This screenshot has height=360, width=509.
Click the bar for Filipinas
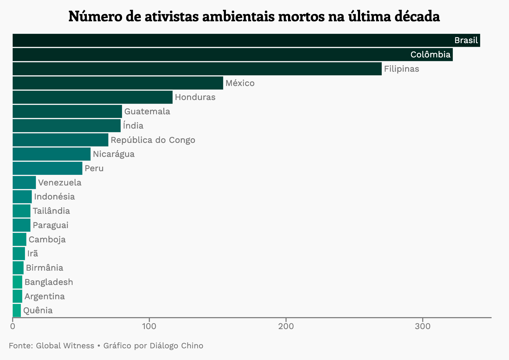pos(197,69)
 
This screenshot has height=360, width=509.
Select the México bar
pos(118,83)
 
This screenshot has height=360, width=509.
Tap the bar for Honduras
pos(93,97)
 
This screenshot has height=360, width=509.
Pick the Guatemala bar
pos(67,111)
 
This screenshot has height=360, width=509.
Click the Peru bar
pos(47,168)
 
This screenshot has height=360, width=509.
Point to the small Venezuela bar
pos(24,183)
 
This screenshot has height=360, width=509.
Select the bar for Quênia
pos(17,310)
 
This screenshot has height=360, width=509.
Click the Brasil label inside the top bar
pos(466,40)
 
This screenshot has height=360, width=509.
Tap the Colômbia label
pos(430,55)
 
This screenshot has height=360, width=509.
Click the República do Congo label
pos(153,140)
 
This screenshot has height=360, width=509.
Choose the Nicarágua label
pos(114,154)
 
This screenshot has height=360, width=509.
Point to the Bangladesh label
pos(49,282)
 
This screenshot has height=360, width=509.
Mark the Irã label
pos(32,254)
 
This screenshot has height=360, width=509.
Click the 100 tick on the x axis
pos(149,326)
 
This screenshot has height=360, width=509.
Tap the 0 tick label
pos(12,326)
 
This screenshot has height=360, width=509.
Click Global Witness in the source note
pos(65,346)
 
